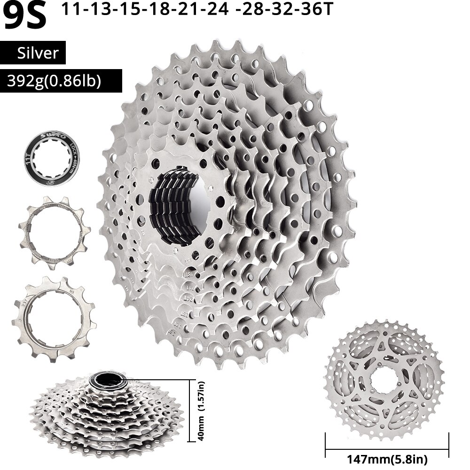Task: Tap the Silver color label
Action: click(38, 53)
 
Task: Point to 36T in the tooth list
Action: click(312, 10)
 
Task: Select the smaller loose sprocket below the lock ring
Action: click(55, 233)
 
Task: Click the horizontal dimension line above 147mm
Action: click(387, 442)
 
